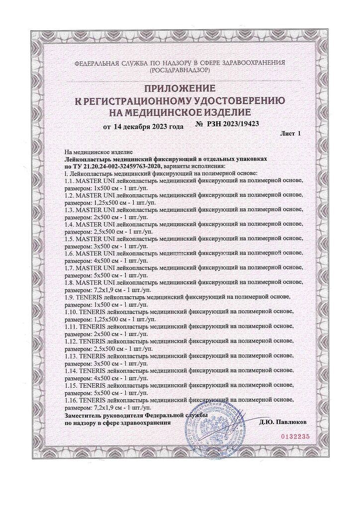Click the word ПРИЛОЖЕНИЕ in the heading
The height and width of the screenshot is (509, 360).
[180, 89]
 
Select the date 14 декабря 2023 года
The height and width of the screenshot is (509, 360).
[148, 127]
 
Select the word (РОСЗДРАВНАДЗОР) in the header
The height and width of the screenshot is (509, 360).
[180, 71]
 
